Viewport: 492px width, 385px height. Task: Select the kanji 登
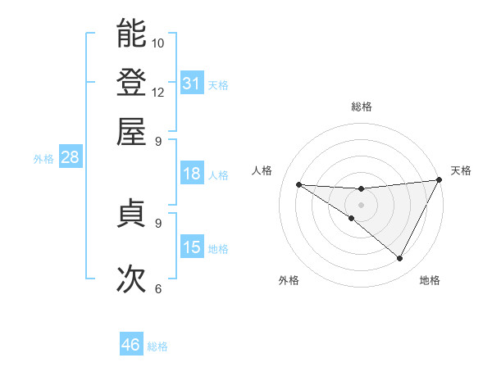click(131, 82)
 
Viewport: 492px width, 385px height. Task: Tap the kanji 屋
click(131, 131)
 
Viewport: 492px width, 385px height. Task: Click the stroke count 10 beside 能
click(158, 43)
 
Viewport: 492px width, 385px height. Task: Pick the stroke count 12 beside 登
click(158, 92)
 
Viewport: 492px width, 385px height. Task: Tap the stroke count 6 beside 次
click(158, 288)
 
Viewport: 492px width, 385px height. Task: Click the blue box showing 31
click(192, 83)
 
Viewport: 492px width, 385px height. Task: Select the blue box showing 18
click(192, 173)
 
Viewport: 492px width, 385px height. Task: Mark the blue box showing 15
click(192, 247)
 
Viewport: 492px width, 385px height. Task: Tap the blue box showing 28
click(70, 157)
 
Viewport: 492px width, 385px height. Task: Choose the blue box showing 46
click(131, 345)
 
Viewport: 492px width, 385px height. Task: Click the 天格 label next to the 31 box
click(218, 84)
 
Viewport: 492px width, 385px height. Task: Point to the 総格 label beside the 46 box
click(157, 346)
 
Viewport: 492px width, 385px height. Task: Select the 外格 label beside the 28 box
click(43, 159)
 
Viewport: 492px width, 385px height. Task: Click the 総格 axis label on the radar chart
click(361, 106)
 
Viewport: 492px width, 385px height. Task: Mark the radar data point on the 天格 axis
click(439, 180)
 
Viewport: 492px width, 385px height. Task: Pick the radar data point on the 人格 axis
click(298, 184)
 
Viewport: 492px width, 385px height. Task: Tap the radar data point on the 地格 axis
click(399, 259)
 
